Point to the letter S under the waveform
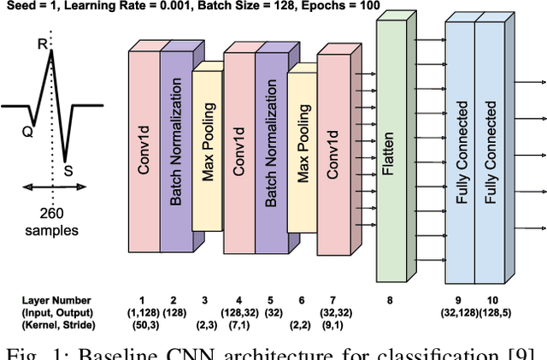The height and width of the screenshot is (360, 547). (x=68, y=171)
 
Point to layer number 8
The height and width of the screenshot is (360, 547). (x=390, y=299)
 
